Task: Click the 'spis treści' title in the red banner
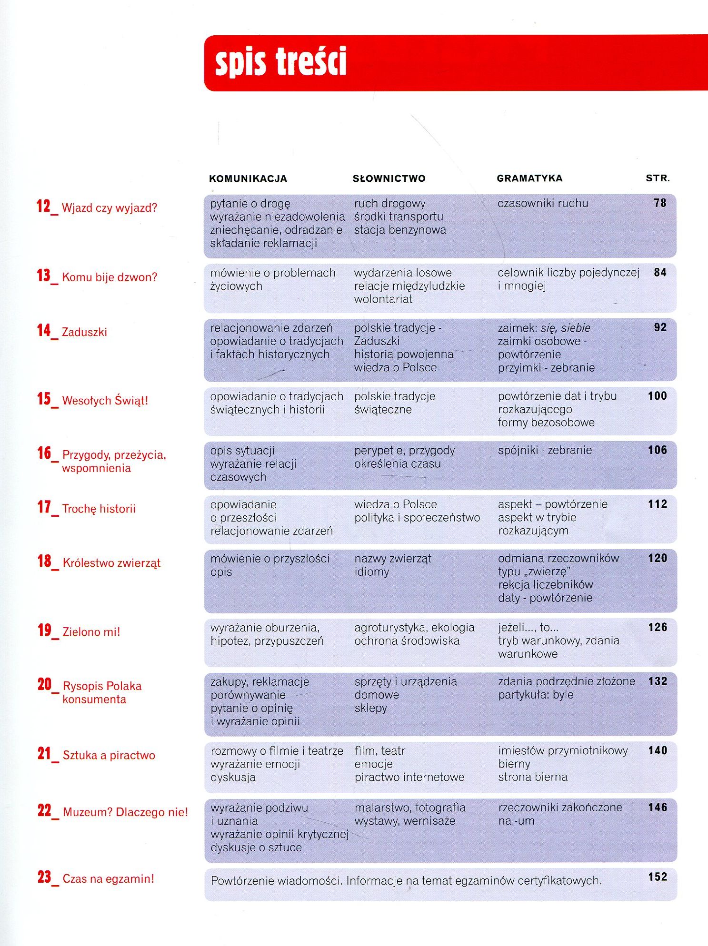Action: (280, 62)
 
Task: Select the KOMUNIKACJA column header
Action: (248, 179)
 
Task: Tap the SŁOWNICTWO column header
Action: (389, 179)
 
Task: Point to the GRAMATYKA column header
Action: (529, 178)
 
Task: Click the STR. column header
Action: (658, 178)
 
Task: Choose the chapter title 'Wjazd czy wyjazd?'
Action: (110, 208)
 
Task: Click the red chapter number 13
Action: (44, 276)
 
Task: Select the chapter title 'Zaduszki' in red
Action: (85, 332)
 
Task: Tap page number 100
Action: (657, 396)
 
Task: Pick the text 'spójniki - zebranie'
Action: (545, 450)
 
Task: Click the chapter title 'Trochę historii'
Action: (99, 509)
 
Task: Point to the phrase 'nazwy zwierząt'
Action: (393, 558)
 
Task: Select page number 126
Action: (658, 627)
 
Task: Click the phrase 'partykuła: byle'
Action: (536, 695)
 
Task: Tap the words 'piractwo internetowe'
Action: (409, 777)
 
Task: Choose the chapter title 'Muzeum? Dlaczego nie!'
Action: (125, 812)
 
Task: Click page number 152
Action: (658, 877)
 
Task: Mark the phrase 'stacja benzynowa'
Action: (400, 230)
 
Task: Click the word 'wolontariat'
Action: (383, 299)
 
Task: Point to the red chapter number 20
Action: (45, 684)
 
